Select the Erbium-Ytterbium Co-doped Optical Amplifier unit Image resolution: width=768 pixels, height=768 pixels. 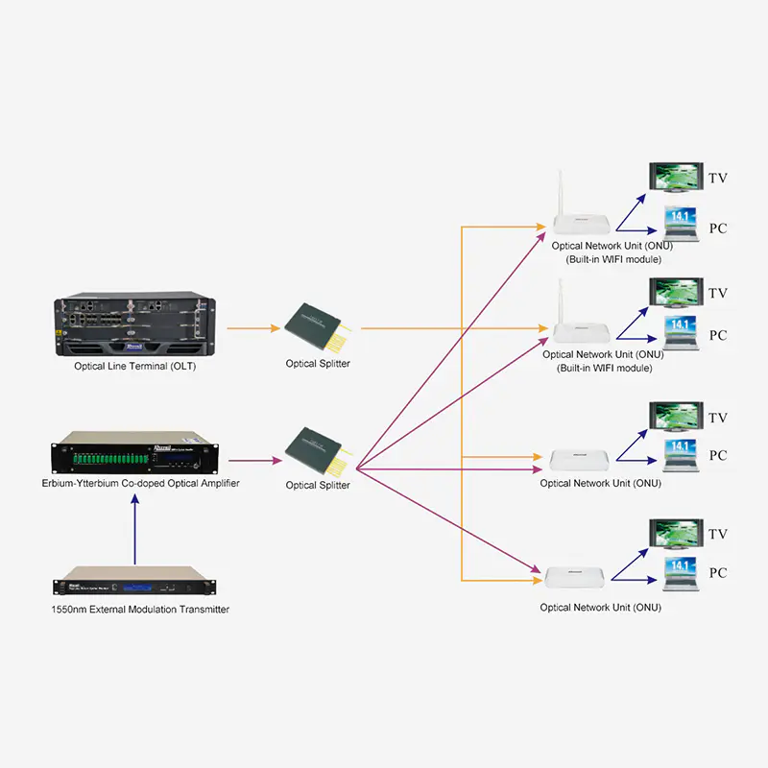coord(134,452)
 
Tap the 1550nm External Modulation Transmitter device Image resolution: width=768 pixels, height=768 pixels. coord(134,581)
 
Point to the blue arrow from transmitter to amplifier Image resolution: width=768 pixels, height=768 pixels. coord(134,530)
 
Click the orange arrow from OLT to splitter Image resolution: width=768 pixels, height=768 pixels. coord(253,328)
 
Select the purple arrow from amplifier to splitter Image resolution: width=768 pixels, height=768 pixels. coord(255,461)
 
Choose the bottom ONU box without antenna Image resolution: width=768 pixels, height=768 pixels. coord(574,577)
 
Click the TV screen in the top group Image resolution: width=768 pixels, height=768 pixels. coord(676,178)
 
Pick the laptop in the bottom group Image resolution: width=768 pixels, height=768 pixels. coord(681,574)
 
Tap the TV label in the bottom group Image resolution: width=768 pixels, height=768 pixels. coord(717,534)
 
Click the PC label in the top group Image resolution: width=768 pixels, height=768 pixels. coord(718,228)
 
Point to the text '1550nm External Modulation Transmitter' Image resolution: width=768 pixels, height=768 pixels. coord(140,610)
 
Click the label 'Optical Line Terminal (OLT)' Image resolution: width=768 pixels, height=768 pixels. coord(134,366)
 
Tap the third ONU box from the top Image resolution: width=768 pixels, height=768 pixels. coord(579,461)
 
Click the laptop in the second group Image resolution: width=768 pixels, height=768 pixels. coord(681,333)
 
